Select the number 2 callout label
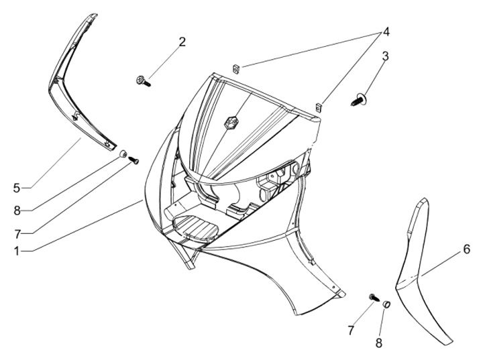click(x=182, y=42)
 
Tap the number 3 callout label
click(x=385, y=56)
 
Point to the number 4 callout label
click(x=386, y=32)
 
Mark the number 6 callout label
click(x=466, y=250)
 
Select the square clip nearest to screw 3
click(x=321, y=105)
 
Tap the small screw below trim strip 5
click(x=133, y=160)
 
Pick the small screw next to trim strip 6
click(x=373, y=297)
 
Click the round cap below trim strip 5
click(x=123, y=155)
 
